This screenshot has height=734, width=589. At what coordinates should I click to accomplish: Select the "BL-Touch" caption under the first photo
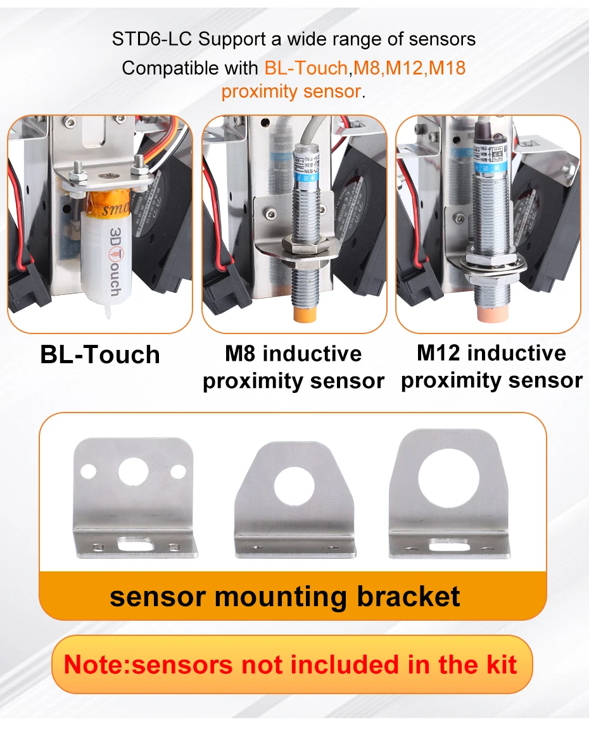[x=100, y=355]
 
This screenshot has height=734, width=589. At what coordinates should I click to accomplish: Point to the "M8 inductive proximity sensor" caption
[x=293, y=368]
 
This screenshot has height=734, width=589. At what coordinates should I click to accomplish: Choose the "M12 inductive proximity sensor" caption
[x=491, y=367]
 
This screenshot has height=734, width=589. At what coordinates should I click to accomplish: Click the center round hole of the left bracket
[x=133, y=470]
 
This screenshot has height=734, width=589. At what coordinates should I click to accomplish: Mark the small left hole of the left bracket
[x=89, y=471]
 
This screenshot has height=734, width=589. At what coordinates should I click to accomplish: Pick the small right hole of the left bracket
[x=179, y=471]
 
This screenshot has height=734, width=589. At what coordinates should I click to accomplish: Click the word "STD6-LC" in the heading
[x=152, y=39]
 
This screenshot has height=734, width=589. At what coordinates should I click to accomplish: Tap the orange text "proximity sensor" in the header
[x=291, y=91]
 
